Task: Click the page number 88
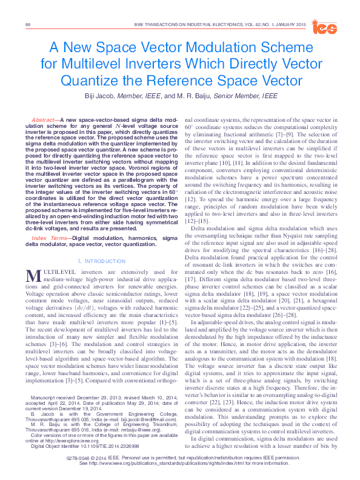[x=27, y=24]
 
